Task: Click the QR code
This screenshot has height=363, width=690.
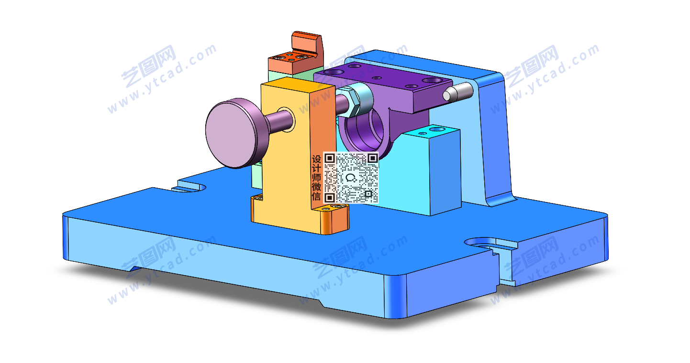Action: (351, 178)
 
